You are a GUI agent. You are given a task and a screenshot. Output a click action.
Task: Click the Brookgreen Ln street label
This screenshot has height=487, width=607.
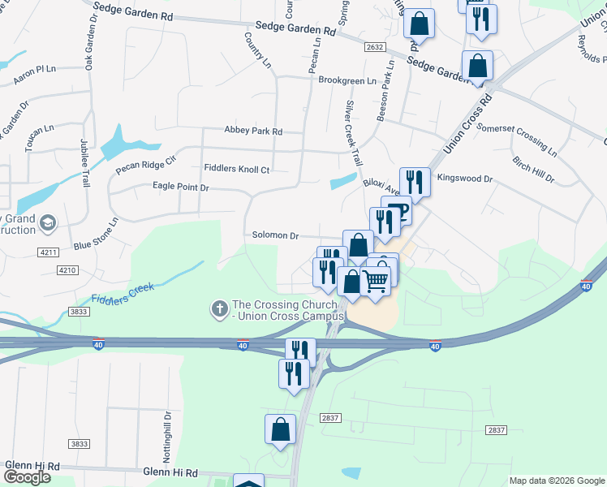pos(347,80)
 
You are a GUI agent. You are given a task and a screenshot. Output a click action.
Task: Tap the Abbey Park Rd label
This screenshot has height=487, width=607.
pos(253,131)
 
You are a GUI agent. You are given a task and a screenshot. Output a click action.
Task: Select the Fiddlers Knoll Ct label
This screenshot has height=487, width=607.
pos(236,169)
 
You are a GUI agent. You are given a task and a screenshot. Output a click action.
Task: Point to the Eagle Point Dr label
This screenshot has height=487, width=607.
pos(181,187)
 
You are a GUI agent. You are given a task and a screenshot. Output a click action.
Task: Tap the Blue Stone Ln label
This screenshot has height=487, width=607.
pos(96,234)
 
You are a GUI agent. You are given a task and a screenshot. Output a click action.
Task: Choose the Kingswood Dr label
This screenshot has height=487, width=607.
pos(465,178)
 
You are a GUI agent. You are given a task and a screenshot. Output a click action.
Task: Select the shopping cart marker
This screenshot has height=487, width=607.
pos(376,280)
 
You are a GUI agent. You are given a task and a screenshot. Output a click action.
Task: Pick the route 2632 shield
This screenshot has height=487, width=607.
pos(375,48)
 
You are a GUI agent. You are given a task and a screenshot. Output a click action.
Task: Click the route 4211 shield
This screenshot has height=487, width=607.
pos(48,252)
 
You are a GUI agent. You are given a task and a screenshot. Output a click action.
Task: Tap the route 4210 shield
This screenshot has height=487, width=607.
pos(67,269)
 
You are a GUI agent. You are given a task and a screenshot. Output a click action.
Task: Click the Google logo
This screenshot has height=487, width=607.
pos(27,477)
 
